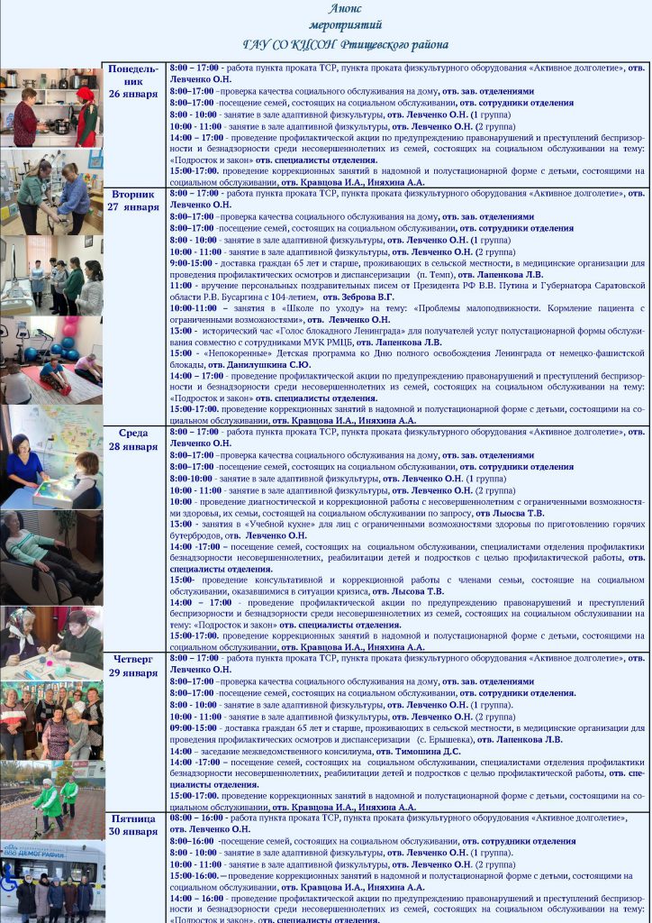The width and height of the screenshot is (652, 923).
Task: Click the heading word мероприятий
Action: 345,25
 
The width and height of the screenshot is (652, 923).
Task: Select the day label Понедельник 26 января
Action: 133,81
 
